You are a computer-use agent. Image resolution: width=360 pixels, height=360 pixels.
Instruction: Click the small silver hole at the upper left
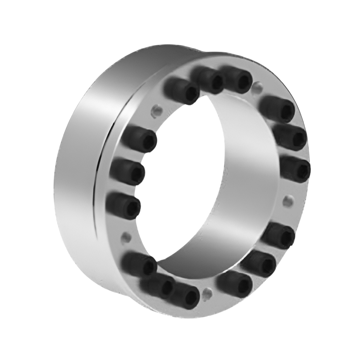(157, 111)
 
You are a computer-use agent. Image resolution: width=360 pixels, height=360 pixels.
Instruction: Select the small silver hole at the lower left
(126, 238)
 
